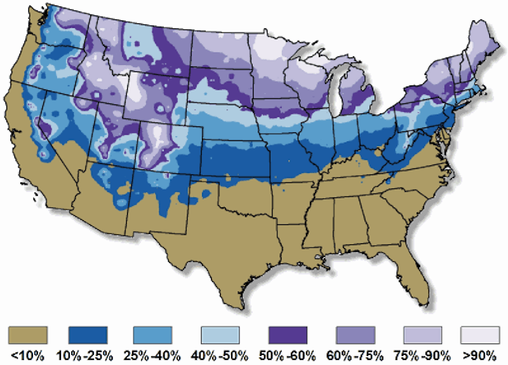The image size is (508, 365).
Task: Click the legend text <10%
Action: click(28, 354)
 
